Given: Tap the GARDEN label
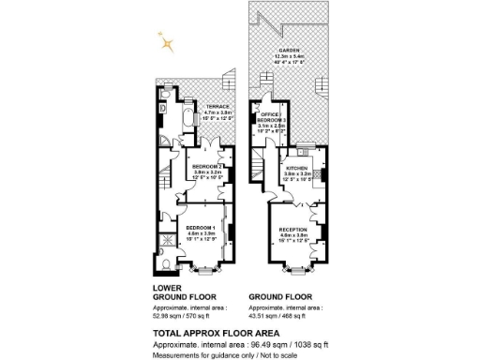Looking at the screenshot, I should pos(286,50).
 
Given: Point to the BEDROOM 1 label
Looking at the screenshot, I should pos(200,228).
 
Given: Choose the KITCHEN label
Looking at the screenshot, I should pos(297,166).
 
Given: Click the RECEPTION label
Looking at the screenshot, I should pos(295,228).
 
